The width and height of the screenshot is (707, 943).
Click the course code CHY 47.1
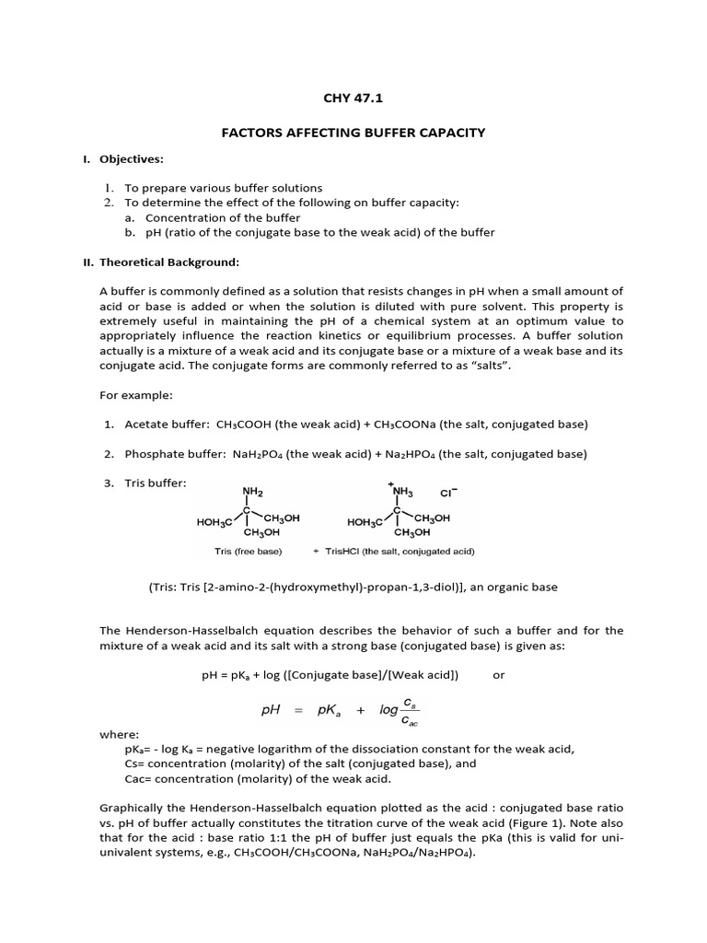coord(353,95)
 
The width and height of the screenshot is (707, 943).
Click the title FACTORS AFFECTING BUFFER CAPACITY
coord(353,133)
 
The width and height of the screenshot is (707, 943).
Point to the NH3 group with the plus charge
coord(403,491)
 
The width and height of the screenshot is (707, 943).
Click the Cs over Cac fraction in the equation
coord(411,711)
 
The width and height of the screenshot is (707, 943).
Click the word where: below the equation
coord(119,735)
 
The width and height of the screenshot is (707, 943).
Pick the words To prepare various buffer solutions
coord(224,187)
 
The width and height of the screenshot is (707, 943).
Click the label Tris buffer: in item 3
coord(156,483)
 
